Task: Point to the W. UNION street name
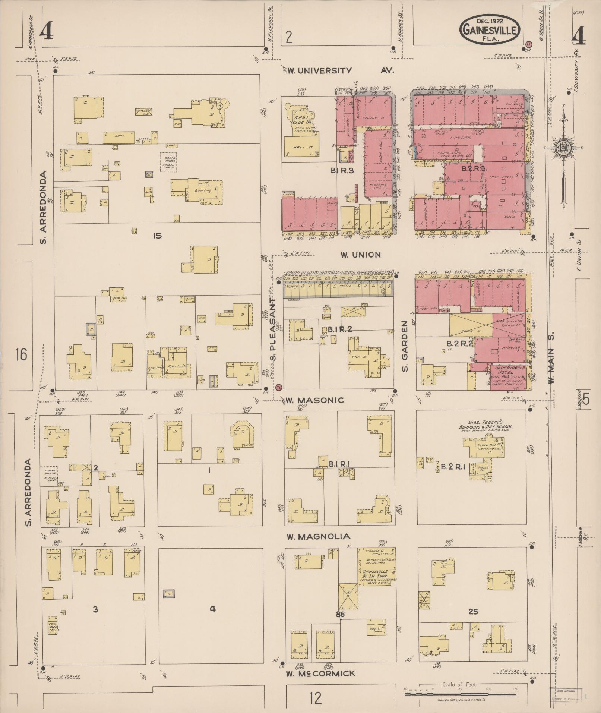click(x=360, y=255)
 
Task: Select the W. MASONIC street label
click(x=314, y=400)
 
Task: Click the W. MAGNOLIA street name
click(x=318, y=536)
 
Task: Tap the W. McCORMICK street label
click(x=320, y=673)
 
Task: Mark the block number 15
click(x=157, y=236)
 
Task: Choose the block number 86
click(x=340, y=615)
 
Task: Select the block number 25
click(x=473, y=612)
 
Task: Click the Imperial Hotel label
click(x=504, y=369)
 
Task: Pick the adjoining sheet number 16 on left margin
click(x=21, y=354)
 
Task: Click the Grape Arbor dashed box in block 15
click(x=168, y=162)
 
